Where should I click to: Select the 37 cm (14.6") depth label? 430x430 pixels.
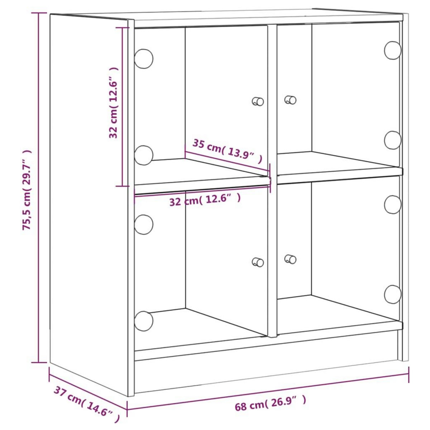point(86,405)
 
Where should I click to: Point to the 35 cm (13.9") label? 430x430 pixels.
point(227,151)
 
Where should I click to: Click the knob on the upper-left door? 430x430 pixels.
point(258,101)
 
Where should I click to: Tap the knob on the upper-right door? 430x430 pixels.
point(290,100)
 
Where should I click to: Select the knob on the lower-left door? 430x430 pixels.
point(258,262)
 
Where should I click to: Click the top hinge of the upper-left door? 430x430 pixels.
point(143,58)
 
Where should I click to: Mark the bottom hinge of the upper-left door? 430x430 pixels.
point(143,155)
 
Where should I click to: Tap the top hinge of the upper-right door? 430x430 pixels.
point(393,50)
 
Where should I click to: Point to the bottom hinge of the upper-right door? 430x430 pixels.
point(393,140)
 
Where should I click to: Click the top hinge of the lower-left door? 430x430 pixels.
point(143,225)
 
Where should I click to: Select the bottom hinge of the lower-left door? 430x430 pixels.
point(143,321)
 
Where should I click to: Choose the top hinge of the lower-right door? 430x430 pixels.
point(393,205)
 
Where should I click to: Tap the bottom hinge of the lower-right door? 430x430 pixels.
point(393,294)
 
